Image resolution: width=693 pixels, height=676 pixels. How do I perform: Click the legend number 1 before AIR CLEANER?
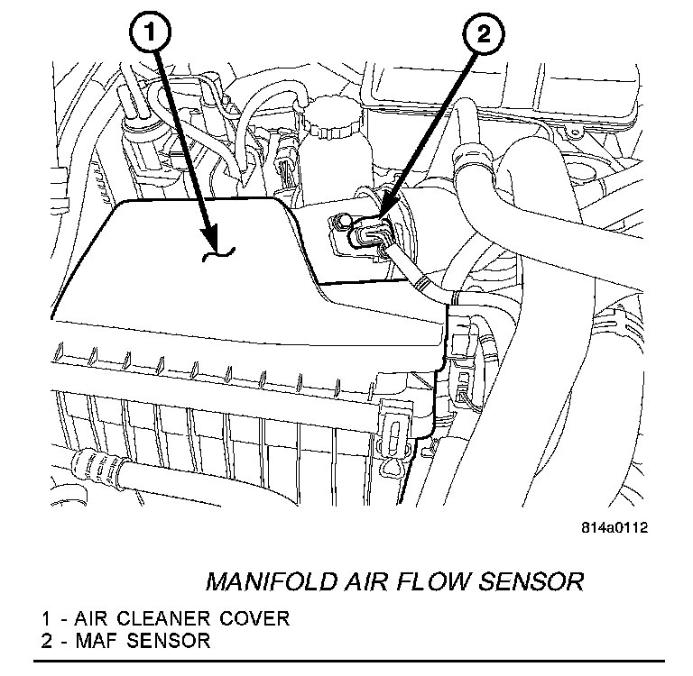45,619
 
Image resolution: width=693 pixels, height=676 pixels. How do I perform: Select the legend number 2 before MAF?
45,641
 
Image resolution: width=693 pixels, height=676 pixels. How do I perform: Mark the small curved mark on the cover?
218,257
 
